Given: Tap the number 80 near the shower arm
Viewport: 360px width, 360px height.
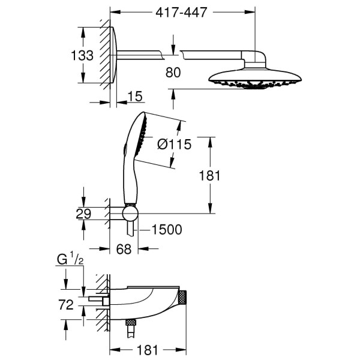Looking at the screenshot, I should (173, 73).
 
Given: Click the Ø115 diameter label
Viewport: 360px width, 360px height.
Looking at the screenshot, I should (174, 145).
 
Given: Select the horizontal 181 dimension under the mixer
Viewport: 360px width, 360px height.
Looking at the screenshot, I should (146, 348).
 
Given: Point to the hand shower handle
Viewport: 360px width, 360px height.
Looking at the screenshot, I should (129, 177).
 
